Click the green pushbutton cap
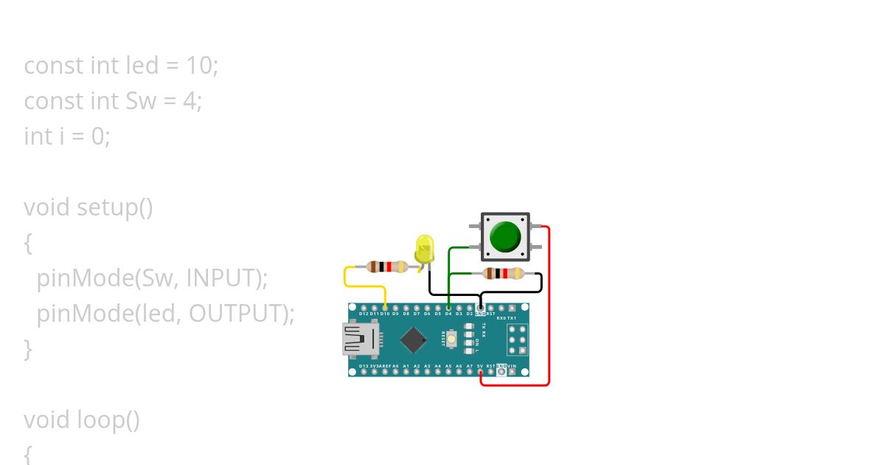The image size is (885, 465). click(x=505, y=237)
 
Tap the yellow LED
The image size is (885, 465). click(x=425, y=249)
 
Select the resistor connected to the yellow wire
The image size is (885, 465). click(x=386, y=266)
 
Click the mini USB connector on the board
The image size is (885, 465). click(x=359, y=340)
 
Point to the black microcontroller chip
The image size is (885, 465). click(x=414, y=340)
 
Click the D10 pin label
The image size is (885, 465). click(x=385, y=314)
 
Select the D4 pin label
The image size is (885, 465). click(x=448, y=314)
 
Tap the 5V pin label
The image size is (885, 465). click(x=480, y=366)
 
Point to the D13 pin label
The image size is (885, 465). click(x=363, y=366)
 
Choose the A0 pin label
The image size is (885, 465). click(x=395, y=366)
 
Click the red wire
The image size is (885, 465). click(x=549, y=310)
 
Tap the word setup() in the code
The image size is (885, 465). click(x=114, y=207)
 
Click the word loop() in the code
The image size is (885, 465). click(x=108, y=420)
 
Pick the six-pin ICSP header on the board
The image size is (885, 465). click(x=517, y=339)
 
